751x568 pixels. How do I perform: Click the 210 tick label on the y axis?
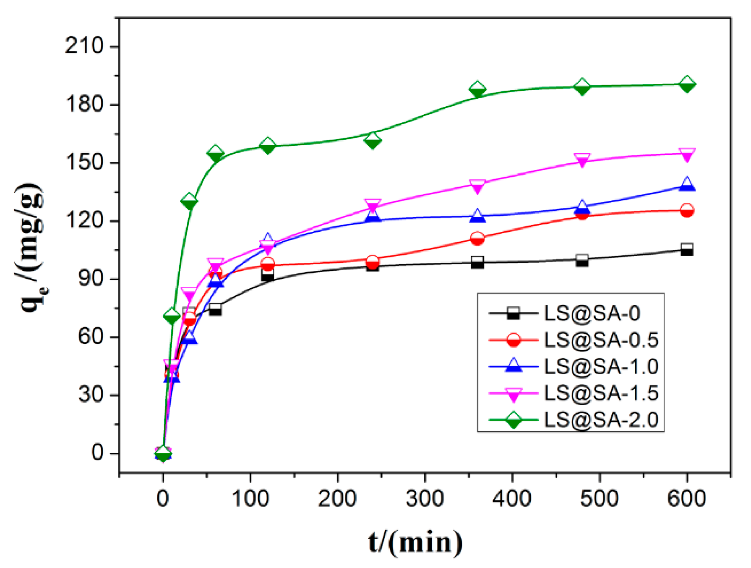tap(84, 46)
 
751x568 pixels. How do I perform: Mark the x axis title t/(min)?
tap(415, 542)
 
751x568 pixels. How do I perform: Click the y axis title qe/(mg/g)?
tap(31, 248)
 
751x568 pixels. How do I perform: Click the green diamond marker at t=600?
tap(686, 84)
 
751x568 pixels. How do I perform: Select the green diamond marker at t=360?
tap(477, 90)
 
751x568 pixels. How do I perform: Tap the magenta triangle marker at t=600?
tap(686, 154)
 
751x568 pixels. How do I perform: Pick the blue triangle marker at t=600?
tap(686, 184)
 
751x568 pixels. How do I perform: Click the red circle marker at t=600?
tap(686, 210)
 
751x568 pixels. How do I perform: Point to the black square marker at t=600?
tap(686, 249)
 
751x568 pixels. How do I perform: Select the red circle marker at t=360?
tap(477, 239)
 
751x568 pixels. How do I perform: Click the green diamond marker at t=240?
tap(372, 140)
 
